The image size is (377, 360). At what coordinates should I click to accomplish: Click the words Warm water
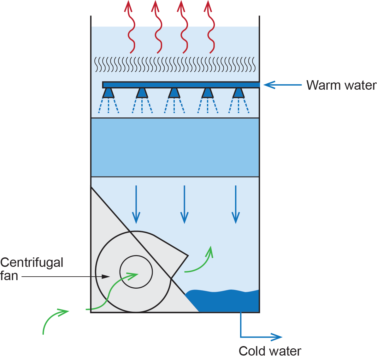[x=341, y=85]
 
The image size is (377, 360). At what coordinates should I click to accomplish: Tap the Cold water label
[x=270, y=351]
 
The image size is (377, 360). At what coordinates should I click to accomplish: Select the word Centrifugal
[x=32, y=262]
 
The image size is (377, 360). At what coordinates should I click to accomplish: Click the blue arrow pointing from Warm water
[x=282, y=85]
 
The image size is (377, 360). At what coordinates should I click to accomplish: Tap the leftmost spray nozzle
[x=109, y=93]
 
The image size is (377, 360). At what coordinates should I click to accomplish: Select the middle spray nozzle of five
[x=174, y=93]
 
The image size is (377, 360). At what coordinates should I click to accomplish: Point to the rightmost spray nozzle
[x=239, y=93]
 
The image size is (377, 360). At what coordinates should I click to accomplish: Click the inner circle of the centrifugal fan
[x=136, y=272]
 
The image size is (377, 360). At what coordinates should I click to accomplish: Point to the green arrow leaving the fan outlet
[x=200, y=264]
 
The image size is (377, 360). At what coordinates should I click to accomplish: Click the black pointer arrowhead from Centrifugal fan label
[x=106, y=277]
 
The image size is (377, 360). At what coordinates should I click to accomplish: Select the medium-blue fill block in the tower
[x=175, y=147]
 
